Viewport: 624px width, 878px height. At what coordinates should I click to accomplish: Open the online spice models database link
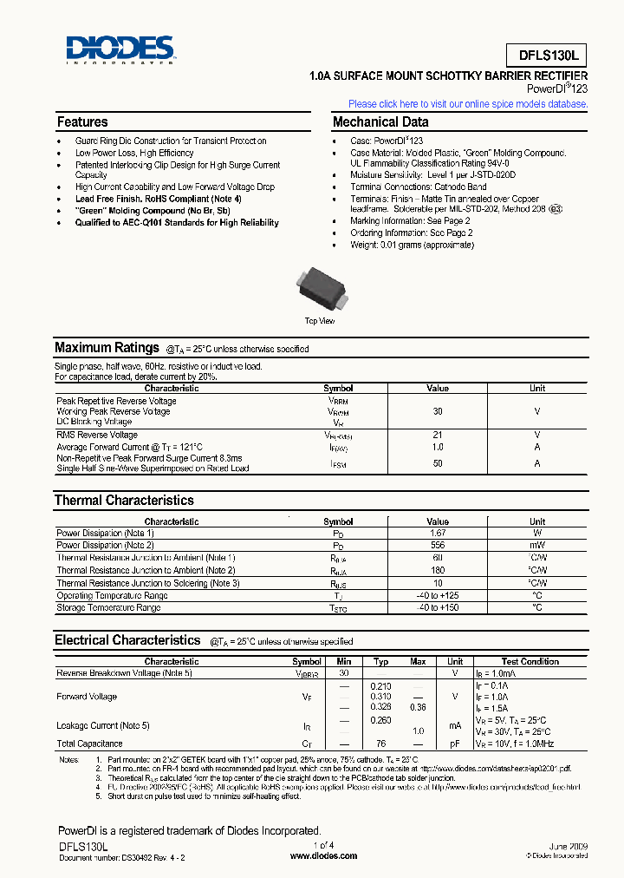(x=468, y=104)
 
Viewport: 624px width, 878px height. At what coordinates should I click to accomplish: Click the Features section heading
(x=82, y=122)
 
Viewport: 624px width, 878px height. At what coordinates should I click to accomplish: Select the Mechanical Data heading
(x=380, y=122)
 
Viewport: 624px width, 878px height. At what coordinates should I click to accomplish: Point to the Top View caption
(x=320, y=321)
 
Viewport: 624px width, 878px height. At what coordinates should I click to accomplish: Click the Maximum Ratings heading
(x=107, y=348)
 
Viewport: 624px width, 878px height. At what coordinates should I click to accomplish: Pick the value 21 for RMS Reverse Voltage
(x=438, y=435)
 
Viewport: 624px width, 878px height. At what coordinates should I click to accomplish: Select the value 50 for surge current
(x=438, y=463)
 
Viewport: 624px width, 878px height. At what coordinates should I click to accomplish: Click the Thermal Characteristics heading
(x=124, y=501)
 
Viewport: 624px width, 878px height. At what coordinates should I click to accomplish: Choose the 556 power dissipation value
(x=438, y=545)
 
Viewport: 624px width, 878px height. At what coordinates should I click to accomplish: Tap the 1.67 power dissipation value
(x=438, y=533)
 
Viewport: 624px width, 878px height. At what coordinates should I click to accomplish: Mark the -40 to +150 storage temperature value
(x=438, y=607)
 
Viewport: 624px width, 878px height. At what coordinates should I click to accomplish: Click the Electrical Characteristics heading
(x=127, y=640)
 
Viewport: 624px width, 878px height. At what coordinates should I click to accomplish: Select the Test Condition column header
(x=530, y=661)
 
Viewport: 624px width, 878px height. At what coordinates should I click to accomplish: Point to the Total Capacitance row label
(x=89, y=744)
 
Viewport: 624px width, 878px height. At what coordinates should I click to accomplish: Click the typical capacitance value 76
(x=380, y=744)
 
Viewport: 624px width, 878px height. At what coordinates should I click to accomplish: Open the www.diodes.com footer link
(x=323, y=855)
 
